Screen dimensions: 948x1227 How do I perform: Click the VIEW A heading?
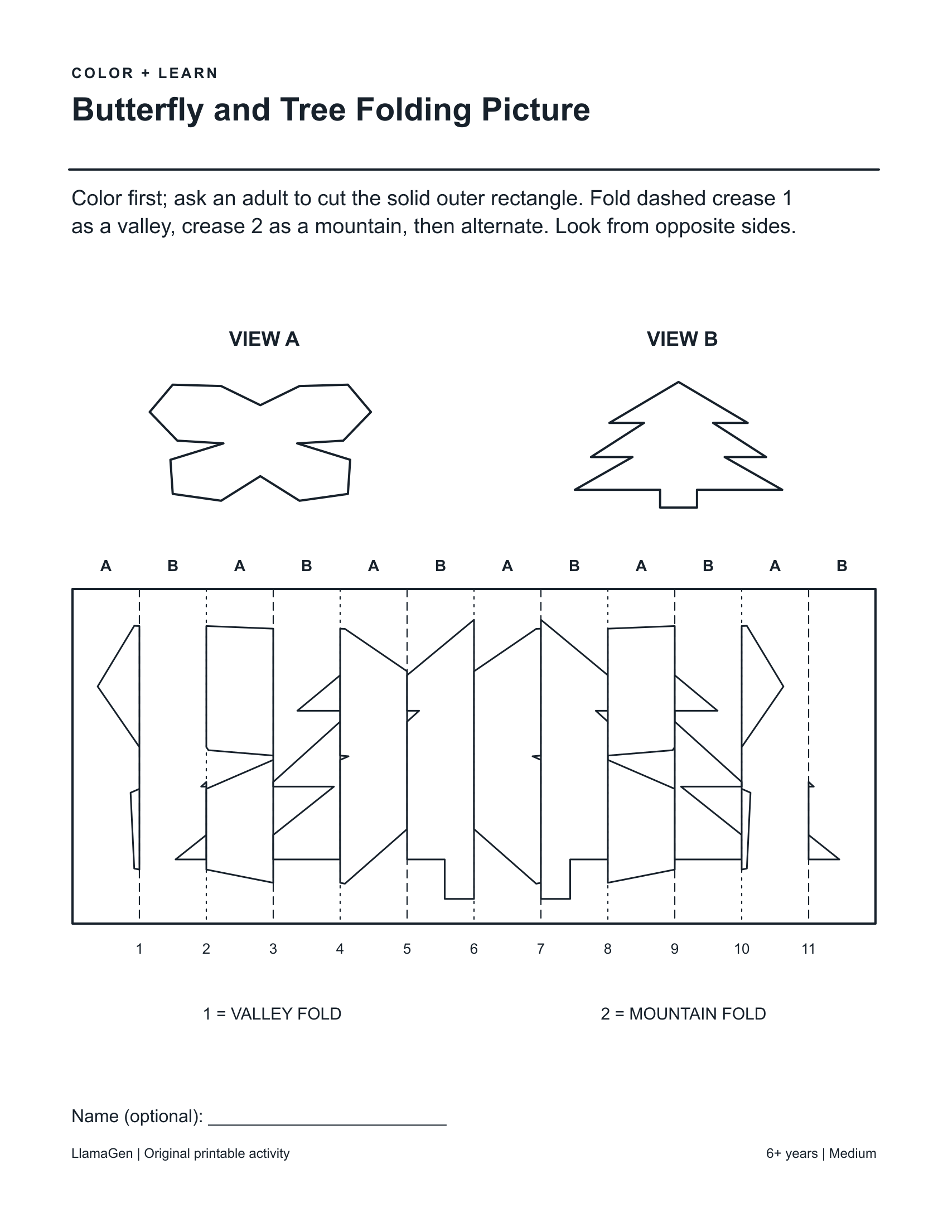pos(264,339)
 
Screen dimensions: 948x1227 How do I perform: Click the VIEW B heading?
pos(682,339)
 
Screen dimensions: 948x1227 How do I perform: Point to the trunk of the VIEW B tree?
pos(679,499)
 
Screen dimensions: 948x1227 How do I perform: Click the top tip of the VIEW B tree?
pos(679,382)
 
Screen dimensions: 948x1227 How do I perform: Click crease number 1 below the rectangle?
pos(139,949)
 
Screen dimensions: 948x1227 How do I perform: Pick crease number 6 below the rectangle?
pos(474,949)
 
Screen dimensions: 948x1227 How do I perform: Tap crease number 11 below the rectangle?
pos(808,949)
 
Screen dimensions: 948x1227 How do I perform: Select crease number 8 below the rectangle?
pos(608,949)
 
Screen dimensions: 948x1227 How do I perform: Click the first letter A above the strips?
pos(105,566)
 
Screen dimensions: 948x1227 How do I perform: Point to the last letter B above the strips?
pos(842,566)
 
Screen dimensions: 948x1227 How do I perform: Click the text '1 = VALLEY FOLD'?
pos(272,1014)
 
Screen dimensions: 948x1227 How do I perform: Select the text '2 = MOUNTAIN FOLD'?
pos(684,1014)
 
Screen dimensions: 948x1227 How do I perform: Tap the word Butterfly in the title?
pos(138,109)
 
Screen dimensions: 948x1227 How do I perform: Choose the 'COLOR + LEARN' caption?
pos(145,74)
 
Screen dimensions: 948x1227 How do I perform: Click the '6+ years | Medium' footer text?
pos(821,1153)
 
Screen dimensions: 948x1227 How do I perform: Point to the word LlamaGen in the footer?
pos(102,1153)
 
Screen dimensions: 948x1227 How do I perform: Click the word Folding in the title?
pos(413,109)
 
